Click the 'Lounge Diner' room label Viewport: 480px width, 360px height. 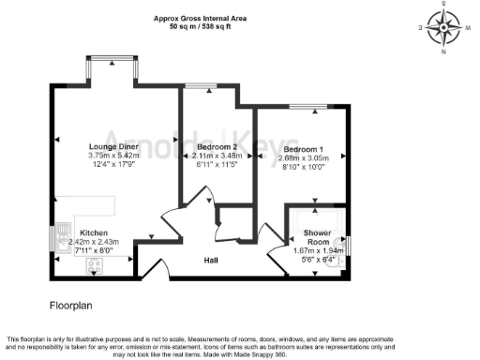tap(114, 146)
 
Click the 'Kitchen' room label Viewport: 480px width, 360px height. tap(95, 232)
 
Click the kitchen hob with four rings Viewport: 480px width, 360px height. tap(95, 265)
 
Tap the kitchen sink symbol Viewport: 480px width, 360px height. tap(64, 234)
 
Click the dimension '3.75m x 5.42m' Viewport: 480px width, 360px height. tap(114, 156)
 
